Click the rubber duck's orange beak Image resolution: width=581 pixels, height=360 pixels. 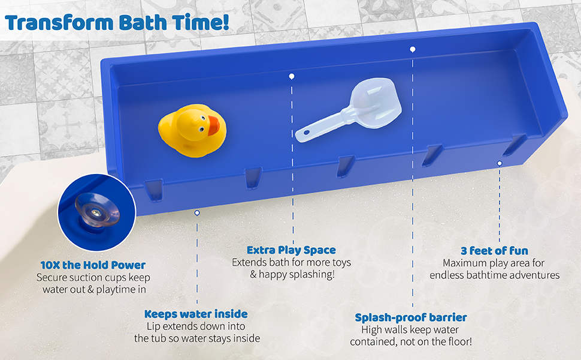[214, 125]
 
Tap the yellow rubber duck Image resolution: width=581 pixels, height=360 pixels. [192, 130]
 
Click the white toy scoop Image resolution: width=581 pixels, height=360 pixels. [349, 110]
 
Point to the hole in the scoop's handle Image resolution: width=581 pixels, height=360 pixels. [307, 133]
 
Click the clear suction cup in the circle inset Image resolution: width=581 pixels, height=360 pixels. [96, 210]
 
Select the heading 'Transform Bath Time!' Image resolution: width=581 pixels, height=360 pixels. [117, 22]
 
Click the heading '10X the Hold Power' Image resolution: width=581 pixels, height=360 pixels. [93, 265]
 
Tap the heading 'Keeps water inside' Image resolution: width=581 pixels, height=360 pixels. [196, 314]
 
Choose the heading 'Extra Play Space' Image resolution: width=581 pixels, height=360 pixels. [291, 250]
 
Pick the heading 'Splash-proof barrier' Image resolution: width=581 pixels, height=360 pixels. [411, 317]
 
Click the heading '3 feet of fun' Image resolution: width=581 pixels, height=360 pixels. [494, 251]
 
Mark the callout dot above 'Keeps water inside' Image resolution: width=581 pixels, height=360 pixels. [197, 212]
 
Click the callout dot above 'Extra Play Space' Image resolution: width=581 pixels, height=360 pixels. [292, 76]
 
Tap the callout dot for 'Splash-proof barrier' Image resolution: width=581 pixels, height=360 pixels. [413, 49]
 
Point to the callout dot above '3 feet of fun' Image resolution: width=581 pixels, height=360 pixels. [500, 163]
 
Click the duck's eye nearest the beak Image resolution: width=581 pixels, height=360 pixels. [203, 119]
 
